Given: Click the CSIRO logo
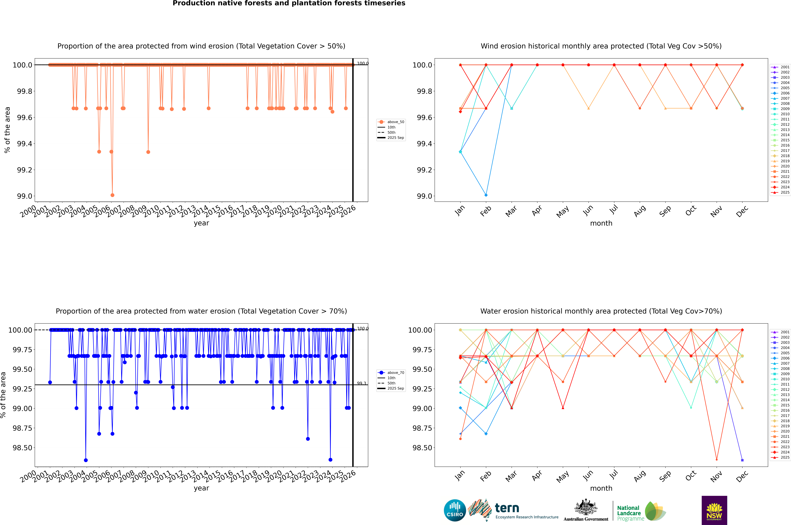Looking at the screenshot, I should point(455,510).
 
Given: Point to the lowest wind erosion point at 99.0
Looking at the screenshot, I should point(112,195).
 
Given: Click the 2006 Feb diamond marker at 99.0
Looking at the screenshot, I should point(486,195).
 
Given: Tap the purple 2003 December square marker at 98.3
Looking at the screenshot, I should point(742,460).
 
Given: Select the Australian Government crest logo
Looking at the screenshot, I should point(586,509).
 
